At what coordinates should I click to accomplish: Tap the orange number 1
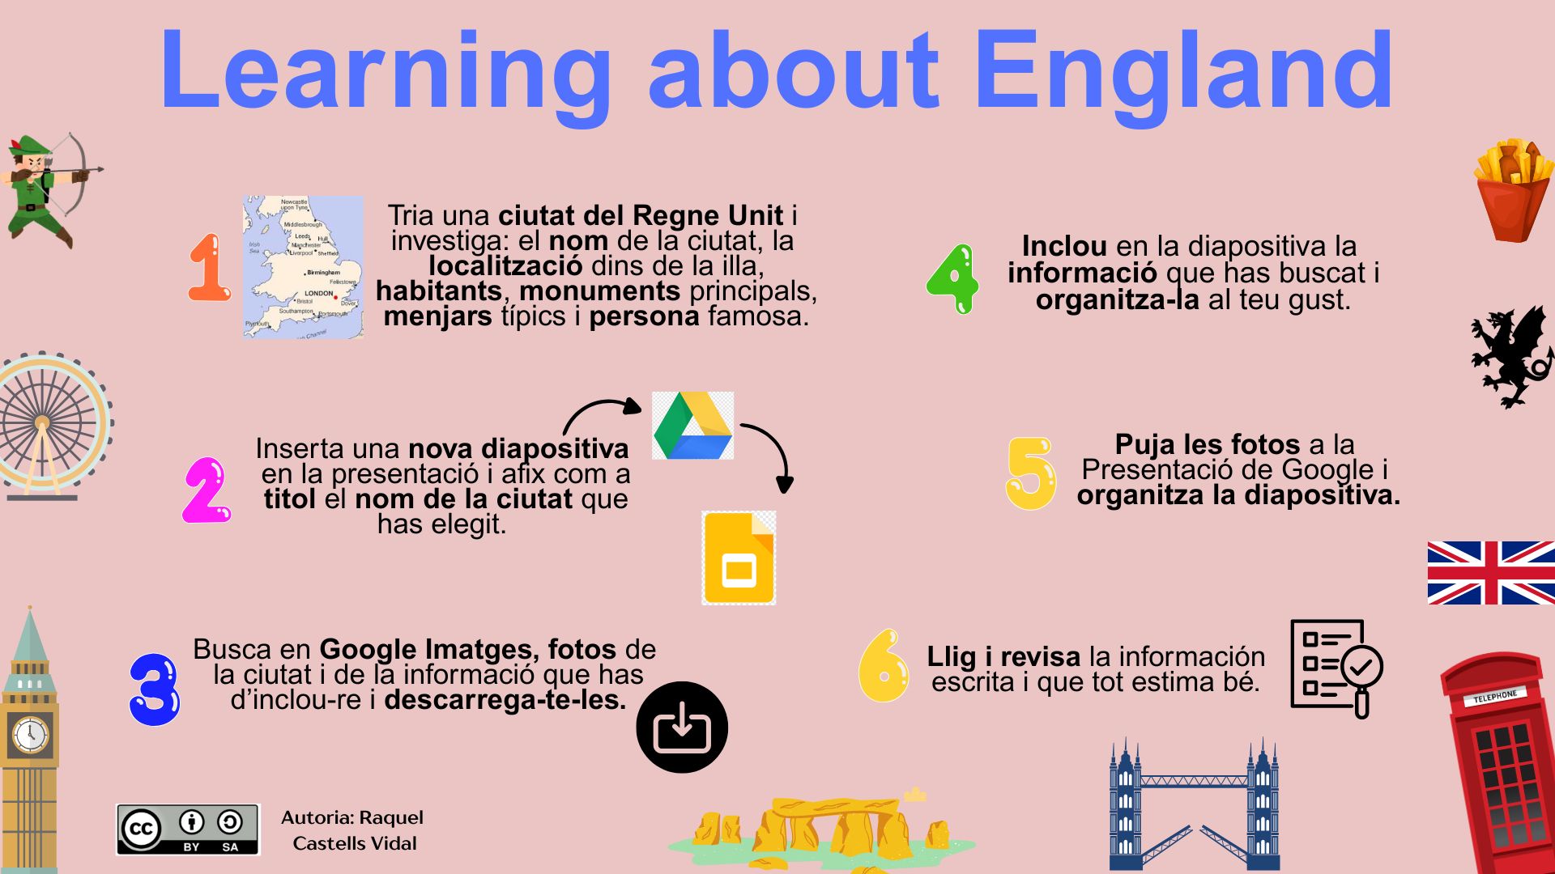click(209, 268)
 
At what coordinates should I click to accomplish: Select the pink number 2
click(207, 490)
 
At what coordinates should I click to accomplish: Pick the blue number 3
click(155, 689)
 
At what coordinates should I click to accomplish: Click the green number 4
click(953, 279)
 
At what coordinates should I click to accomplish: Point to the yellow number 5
click(1031, 473)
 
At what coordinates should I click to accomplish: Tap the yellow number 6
click(883, 666)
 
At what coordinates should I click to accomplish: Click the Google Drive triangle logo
click(693, 426)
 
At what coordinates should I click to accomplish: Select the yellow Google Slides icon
click(739, 558)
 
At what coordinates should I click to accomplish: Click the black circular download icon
click(682, 727)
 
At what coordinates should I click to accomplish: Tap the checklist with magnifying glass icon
click(1336, 668)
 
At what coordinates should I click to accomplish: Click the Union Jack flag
click(1490, 573)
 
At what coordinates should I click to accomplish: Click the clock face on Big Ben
click(30, 735)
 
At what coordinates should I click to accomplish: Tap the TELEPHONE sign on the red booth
click(1495, 695)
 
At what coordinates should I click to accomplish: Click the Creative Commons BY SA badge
click(188, 829)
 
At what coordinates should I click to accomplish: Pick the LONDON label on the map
click(318, 294)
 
